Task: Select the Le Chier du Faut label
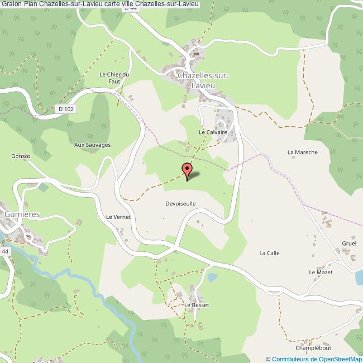114,78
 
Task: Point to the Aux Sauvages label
93,145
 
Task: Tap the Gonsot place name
20,156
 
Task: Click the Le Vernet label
118,217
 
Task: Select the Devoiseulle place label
180,204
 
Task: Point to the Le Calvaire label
213,132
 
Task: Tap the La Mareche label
302,152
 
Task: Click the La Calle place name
269,253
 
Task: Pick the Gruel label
349,244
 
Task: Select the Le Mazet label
321,272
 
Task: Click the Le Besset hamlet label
197,305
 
